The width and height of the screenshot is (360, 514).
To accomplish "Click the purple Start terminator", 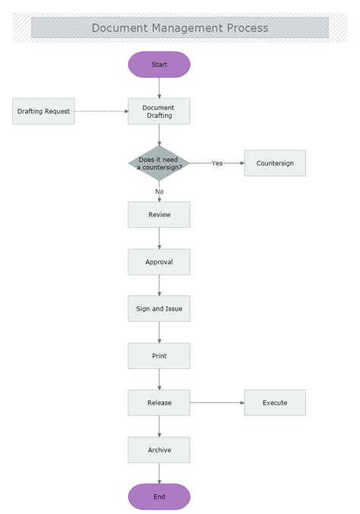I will [x=159, y=65].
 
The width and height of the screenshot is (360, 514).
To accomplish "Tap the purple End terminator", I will [x=159, y=497].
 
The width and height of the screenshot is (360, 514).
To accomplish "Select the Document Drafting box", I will [x=159, y=112].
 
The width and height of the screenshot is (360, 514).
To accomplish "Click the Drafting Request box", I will [x=43, y=112].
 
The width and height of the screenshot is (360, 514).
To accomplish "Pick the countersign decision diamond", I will [x=159, y=163].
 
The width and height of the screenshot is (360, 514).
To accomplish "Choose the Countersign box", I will [x=275, y=163].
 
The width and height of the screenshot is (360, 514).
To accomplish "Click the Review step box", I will [x=159, y=215].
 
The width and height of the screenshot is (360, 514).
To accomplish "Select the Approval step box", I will [x=159, y=262].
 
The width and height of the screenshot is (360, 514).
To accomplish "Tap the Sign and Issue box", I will [x=159, y=309].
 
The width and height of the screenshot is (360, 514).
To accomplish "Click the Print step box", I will [x=159, y=356].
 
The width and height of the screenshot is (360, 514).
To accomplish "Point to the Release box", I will [x=159, y=403].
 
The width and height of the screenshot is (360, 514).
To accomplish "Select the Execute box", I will [x=275, y=403].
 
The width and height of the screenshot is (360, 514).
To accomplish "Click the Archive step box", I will [x=159, y=450].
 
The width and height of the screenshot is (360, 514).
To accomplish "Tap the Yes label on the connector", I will [x=217, y=163].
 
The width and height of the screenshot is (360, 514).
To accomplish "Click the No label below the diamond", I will [x=159, y=191].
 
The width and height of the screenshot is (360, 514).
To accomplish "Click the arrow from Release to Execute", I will [x=216, y=403].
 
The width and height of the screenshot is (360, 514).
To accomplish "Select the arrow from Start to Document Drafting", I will [x=159, y=87].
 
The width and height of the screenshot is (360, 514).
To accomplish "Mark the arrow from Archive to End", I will [x=159, y=473].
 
